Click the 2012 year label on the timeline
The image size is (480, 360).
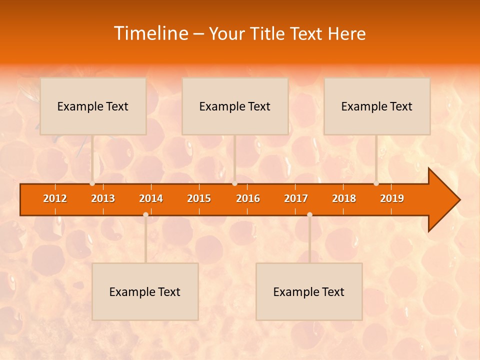click(x=55, y=198)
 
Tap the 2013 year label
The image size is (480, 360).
click(x=103, y=198)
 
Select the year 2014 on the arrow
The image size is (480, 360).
click(x=151, y=198)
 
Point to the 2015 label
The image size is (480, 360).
click(x=199, y=198)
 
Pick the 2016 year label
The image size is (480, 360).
click(x=248, y=198)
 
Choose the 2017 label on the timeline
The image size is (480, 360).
click(x=296, y=198)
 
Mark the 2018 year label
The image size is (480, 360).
click(x=344, y=198)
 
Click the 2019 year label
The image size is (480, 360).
click(x=392, y=198)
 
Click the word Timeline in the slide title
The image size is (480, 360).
click(x=150, y=33)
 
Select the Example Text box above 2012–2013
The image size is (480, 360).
click(x=93, y=106)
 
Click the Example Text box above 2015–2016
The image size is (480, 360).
click(x=235, y=106)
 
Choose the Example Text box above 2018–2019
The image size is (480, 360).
click(x=377, y=106)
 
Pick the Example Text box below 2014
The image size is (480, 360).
click(x=145, y=291)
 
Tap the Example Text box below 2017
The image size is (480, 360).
click(x=309, y=291)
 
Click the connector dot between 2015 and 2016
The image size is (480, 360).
click(x=235, y=183)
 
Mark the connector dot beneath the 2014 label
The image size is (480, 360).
click(x=145, y=214)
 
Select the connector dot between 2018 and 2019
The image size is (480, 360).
click(x=376, y=183)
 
